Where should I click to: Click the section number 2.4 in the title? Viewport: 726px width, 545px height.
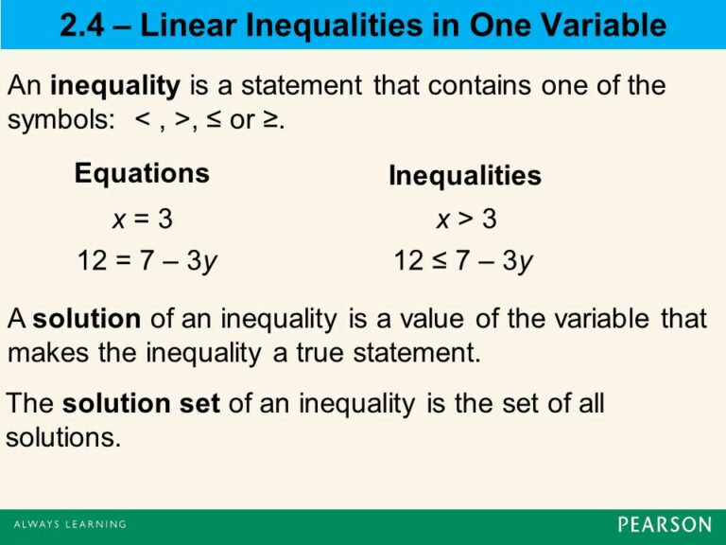point(83,26)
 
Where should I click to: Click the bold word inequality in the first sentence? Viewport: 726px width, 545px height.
point(114,87)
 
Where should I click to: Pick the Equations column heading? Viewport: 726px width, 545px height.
point(142,173)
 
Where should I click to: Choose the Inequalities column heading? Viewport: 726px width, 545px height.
point(464,176)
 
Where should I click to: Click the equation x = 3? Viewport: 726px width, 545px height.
point(142,220)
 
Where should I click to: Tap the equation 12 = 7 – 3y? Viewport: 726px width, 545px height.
point(147,260)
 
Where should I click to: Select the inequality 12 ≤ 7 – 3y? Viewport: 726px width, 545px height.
point(463,260)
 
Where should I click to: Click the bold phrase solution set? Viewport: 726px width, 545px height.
point(141,403)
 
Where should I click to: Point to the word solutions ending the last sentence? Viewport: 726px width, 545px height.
point(62,439)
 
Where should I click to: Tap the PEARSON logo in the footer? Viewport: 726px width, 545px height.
point(665,524)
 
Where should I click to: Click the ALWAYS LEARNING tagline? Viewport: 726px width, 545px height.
point(69,524)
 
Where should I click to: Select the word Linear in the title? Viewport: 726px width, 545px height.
point(188,26)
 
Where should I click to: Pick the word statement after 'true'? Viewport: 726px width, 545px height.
point(416,355)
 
